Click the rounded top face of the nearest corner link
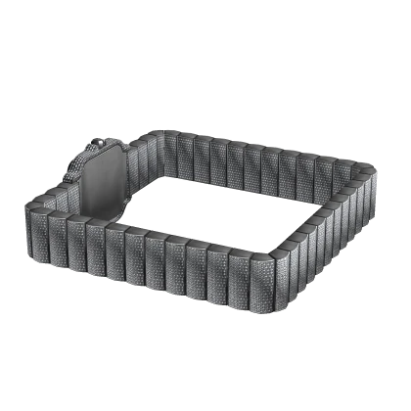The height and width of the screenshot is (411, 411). point(268,256)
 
